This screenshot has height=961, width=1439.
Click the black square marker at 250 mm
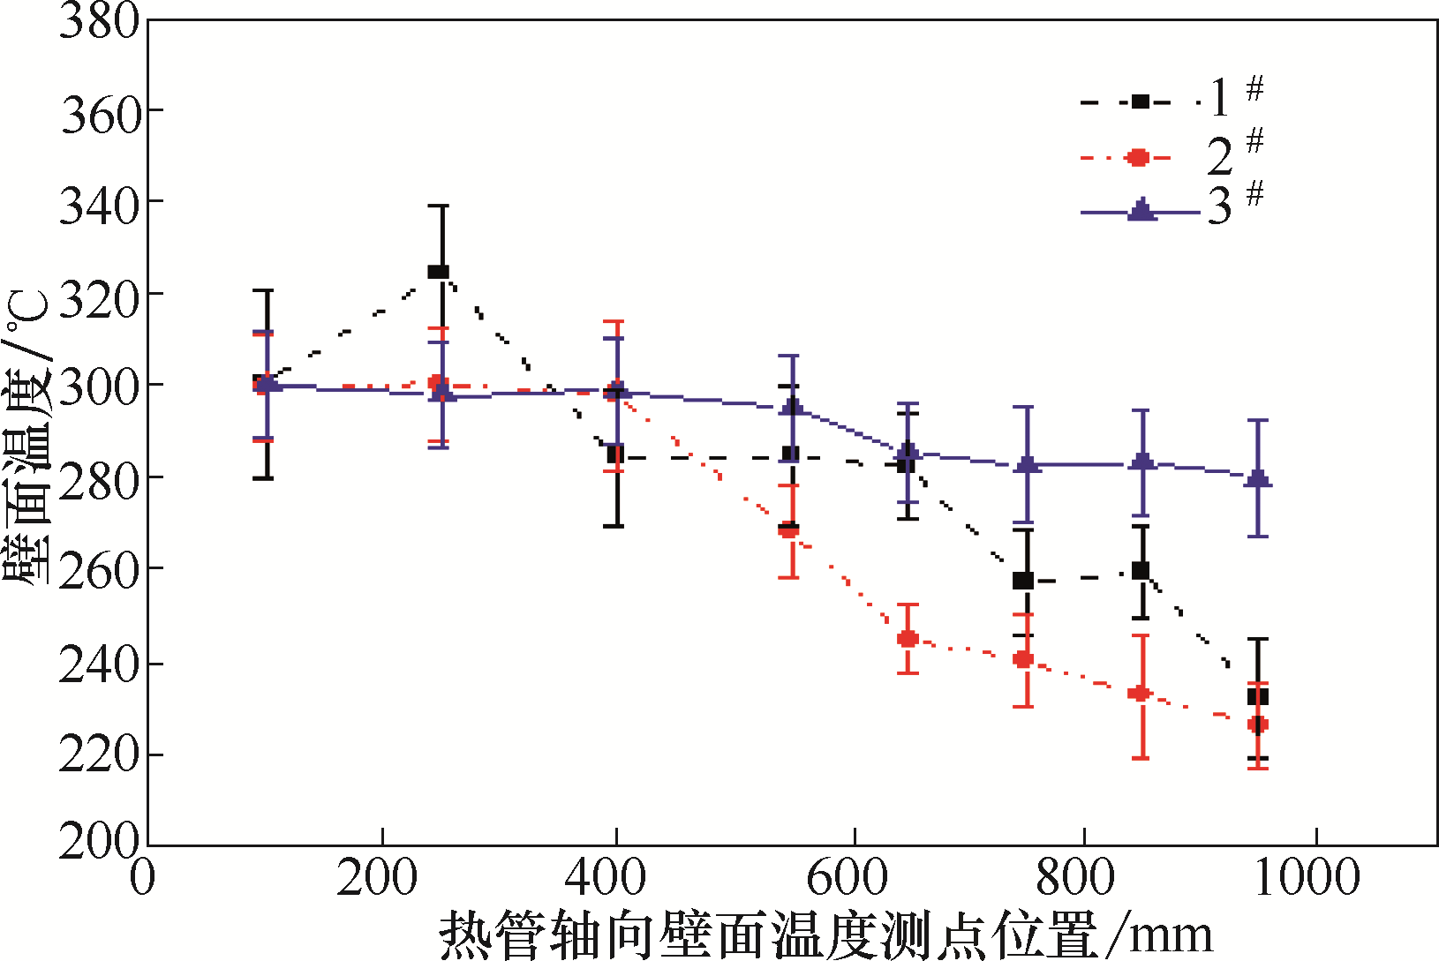(438, 271)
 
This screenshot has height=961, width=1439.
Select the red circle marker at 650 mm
(908, 638)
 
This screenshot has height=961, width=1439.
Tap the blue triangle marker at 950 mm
(1258, 479)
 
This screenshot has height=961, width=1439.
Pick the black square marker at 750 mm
(1023, 580)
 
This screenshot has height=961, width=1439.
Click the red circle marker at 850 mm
(1140, 694)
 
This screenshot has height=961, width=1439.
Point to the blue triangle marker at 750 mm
(1024, 464)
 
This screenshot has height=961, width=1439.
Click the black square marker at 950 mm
(1258, 696)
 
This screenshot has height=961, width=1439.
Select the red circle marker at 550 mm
(788, 529)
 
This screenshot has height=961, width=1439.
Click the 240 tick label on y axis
(100, 664)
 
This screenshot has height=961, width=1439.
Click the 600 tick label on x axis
(848, 878)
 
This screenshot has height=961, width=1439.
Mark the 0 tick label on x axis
(143, 878)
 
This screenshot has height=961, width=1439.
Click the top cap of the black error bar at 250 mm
(439, 206)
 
